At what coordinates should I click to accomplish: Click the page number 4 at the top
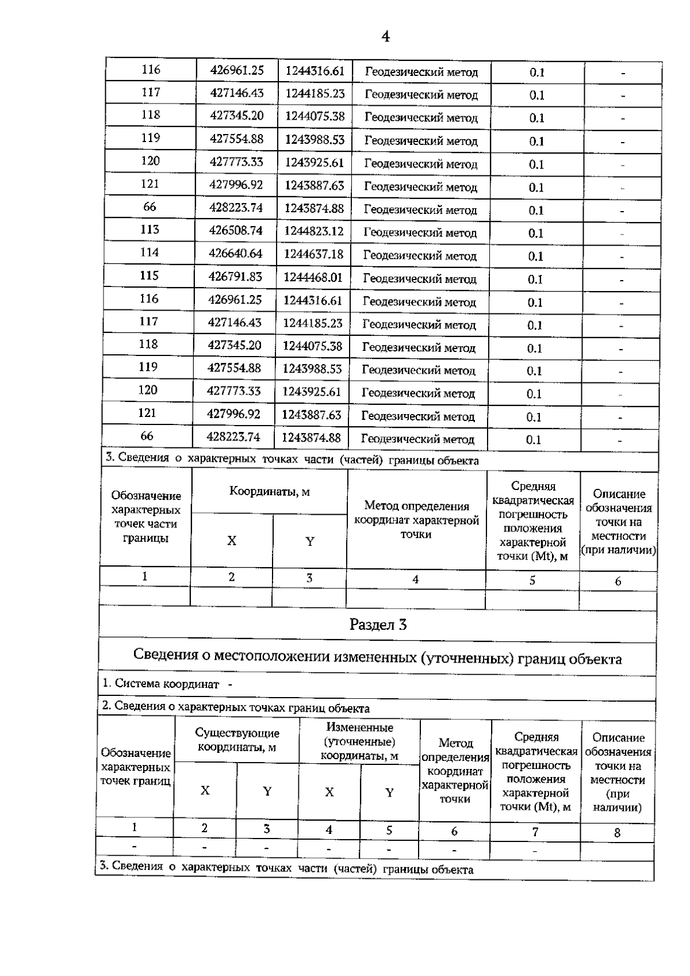[x=385, y=37]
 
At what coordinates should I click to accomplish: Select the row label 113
[x=149, y=229]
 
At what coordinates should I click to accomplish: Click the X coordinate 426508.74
[x=236, y=230]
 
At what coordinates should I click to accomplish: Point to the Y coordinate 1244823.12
[x=314, y=231]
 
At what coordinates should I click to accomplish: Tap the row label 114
[x=149, y=252]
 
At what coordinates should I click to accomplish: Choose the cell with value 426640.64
[x=236, y=253]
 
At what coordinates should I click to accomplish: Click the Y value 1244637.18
[x=314, y=254]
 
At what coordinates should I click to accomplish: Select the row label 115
[x=149, y=275]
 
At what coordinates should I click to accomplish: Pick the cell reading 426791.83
[x=236, y=277]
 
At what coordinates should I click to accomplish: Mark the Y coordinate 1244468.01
[x=313, y=277]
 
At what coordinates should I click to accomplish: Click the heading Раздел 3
[x=378, y=625]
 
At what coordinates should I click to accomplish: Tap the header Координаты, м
[x=269, y=492]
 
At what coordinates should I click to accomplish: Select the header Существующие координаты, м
[x=237, y=740]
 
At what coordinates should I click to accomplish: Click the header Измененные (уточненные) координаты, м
[x=359, y=741]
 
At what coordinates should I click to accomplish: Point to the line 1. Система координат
[x=167, y=684]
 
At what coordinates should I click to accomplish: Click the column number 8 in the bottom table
[x=618, y=832]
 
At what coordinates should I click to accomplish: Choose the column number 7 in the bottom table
[x=535, y=832]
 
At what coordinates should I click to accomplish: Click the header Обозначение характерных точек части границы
[x=145, y=516]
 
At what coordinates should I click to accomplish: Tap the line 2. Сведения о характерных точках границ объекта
[x=236, y=707]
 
